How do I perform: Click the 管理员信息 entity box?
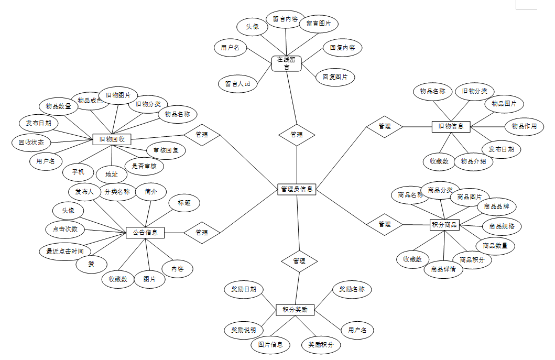point(297,189)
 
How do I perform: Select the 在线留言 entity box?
point(287,63)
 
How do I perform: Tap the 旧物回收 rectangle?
point(111,139)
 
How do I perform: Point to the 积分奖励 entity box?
point(295,310)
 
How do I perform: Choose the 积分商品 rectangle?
point(444,225)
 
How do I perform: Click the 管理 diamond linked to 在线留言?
point(297,135)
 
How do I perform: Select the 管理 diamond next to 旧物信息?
point(384,126)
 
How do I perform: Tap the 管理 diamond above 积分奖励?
point(299,260)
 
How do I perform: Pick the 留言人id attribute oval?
point(237,83)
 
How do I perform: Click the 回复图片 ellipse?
point(335,77)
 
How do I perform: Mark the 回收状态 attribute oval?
point(31,142)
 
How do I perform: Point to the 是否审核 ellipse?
point(147,166)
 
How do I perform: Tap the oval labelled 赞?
point(92,264)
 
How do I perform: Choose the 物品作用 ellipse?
point(524,126)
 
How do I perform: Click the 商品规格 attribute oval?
point(502,226)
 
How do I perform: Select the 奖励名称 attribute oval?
point(352,289)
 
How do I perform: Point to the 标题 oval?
point(184,203)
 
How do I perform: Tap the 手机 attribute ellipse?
point(78,172)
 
